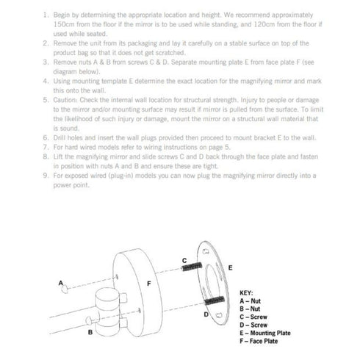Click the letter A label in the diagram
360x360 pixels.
(61, 283)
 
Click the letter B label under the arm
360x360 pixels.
(90, 332)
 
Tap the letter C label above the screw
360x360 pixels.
(184, 261)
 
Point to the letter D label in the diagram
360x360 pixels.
(206, 314)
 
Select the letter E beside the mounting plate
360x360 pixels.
(230, 267)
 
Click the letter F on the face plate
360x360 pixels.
(149, 284)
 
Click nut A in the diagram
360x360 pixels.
(65, 289)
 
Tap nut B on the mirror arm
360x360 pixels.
(89, 320)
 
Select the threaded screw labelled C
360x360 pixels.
(192, 267)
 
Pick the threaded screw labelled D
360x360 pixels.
(215, 300)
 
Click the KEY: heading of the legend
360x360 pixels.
(246, 293)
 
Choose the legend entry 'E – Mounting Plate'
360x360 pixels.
(265, 333)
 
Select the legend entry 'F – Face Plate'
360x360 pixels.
(259, 341)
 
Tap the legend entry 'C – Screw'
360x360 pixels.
(253, 317)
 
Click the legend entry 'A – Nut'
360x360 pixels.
(250, 301)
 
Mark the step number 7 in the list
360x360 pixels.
(46, 147)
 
